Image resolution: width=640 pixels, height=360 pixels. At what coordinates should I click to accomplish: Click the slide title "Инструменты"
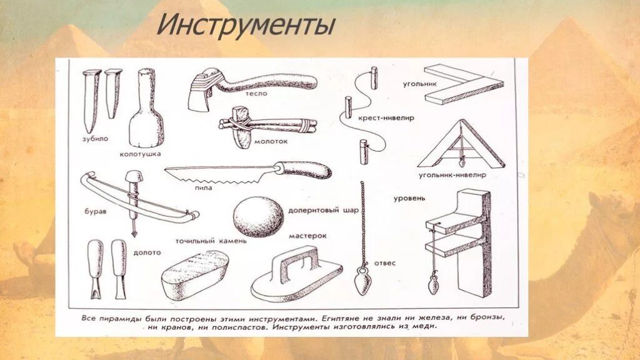(245, 26)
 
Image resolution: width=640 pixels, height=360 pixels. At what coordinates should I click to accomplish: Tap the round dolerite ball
(257, 217)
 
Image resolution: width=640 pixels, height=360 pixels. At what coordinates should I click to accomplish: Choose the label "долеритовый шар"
(323, 211)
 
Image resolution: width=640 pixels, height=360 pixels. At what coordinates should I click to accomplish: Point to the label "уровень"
(409, 198)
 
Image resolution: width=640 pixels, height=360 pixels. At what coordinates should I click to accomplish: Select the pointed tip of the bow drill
(133, 234)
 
